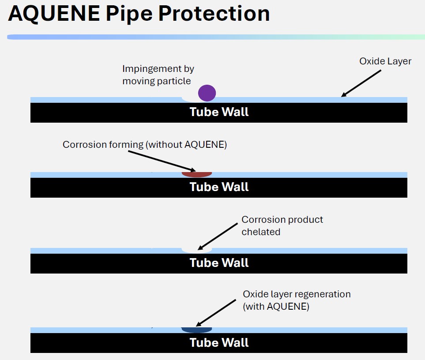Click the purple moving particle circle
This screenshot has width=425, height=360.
point(207,93)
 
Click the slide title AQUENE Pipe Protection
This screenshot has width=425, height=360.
point(139,14)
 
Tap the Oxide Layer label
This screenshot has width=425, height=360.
point(385,61)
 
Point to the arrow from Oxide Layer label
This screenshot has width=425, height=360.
point(361,83)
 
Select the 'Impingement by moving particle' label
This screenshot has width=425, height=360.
point(158,75)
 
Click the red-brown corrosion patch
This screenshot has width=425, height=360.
point(197,174)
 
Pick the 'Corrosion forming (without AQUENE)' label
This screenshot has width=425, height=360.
point(144,145)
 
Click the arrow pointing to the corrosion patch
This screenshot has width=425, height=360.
point(161,161)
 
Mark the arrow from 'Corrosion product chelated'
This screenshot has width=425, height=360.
point(218,236)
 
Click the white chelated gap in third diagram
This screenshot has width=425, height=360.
point(197,250)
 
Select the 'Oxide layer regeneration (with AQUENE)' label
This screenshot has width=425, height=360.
point(296,300)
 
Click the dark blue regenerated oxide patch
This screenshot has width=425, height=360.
point(197,330)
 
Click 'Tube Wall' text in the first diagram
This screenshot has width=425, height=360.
point(219,112)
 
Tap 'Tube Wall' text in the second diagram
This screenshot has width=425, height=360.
point(219,187)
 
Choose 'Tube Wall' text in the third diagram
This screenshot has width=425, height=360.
point(219,263)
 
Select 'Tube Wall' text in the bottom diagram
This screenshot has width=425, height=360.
point(219,343)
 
